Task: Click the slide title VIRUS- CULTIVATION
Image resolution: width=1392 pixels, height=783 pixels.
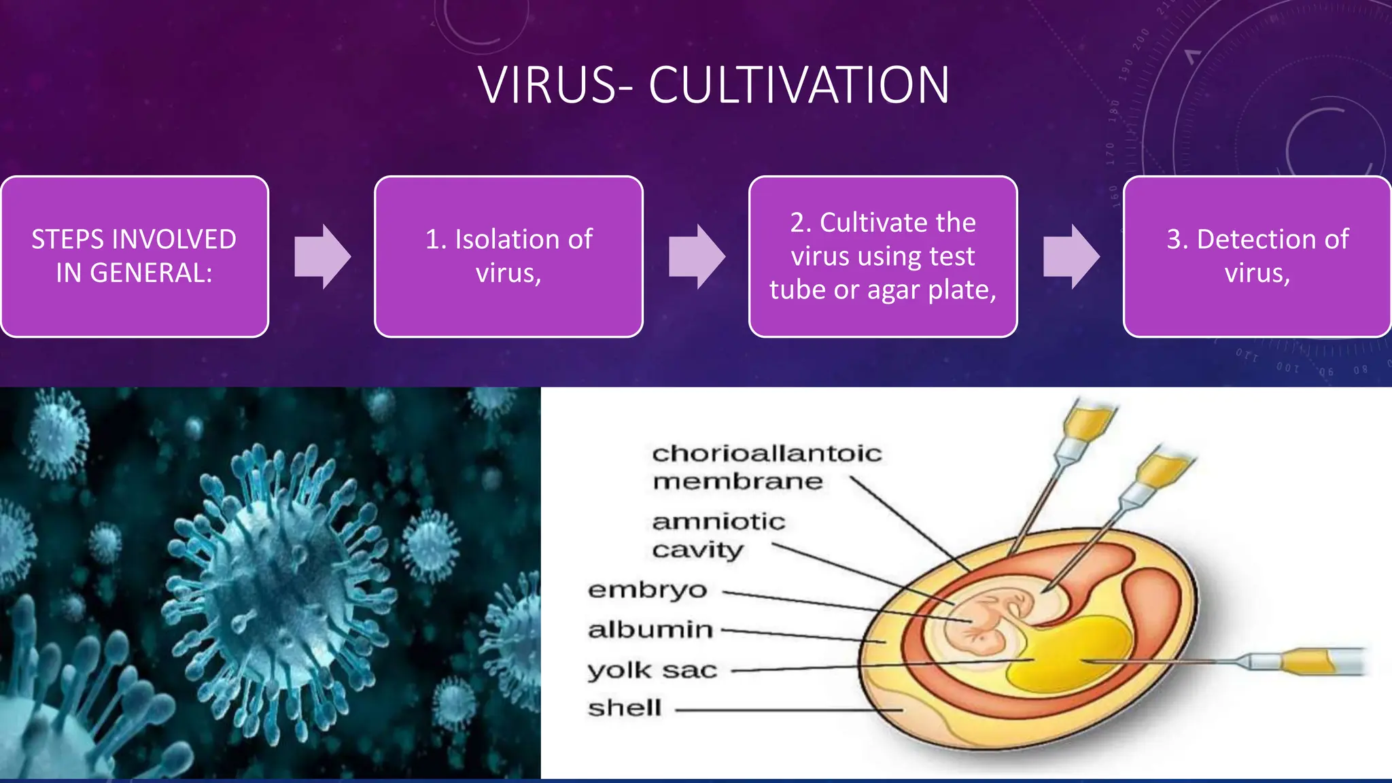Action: [x=714, y=86]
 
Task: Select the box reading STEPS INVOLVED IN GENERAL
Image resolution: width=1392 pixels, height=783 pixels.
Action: [x=135, y=256]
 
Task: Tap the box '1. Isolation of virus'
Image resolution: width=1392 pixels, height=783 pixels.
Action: [x=508, y=256]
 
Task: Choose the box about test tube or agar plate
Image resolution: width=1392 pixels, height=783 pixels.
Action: [x=883, y=256]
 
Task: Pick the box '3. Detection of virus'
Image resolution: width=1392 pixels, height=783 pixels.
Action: [x=1257, y=256]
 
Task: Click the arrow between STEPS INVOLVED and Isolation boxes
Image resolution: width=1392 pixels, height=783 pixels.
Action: [x=322, y=257]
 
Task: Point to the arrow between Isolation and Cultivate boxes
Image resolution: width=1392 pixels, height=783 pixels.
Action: [x=697, y=257]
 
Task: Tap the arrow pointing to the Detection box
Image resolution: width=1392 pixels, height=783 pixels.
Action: [x=1071, y=257]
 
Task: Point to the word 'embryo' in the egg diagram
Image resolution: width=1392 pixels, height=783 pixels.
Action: [x=647, y=589]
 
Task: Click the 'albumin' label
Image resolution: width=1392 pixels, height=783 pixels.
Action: [x=650, y=630]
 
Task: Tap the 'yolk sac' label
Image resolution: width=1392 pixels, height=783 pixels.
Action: [x=652, y=670]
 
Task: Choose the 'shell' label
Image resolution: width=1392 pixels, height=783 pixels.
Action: [x=625, y=708]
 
